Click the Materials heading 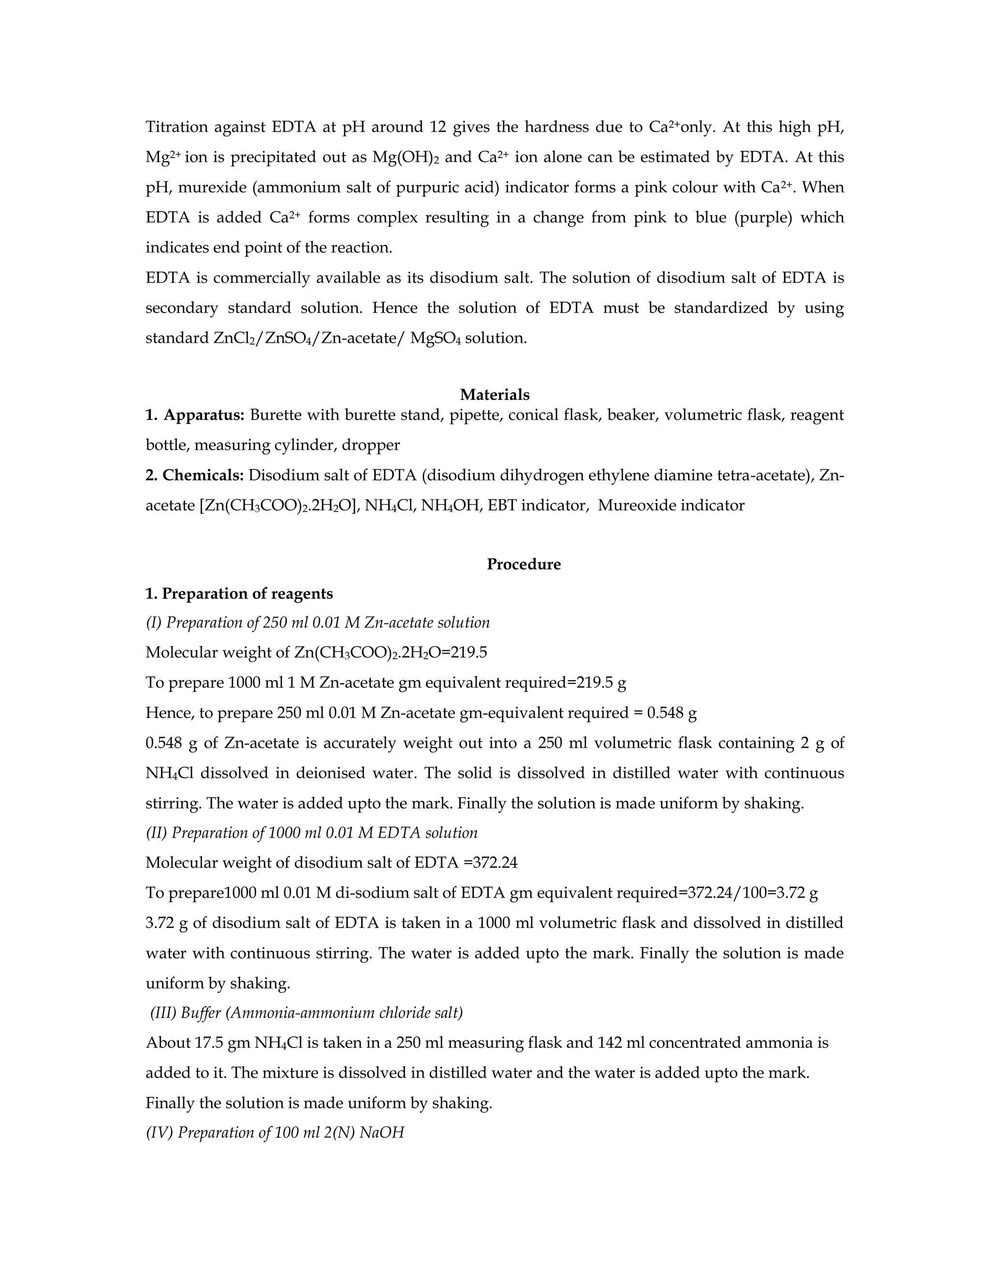pyautogui.click(x=495, y=395)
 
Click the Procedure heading pyautogui.click(x=523, y=564)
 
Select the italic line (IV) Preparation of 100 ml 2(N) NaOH pyautogui.click(x=275, y=1133)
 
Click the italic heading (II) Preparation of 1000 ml pyautogui.click(x=311, y=833)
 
